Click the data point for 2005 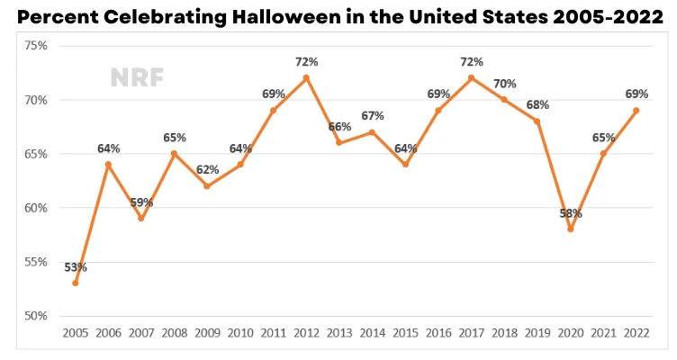(x=76, y=283)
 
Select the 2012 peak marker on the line (x=307, y=77)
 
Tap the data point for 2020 (x=571, y=229)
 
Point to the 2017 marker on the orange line (x=472, y=77)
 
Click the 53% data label (x=76, y=267)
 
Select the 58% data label (x=571, y=214)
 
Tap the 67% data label (x=373, y=116)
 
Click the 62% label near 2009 (x=208, y=170)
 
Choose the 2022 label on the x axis (x=636, y=334)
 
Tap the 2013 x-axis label (x=339, y=334)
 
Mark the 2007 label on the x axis (x=141, y=334)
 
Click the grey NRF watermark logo (x=137, y=77)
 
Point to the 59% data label (x=141, y=202)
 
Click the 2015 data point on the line (x=406, y=165)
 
